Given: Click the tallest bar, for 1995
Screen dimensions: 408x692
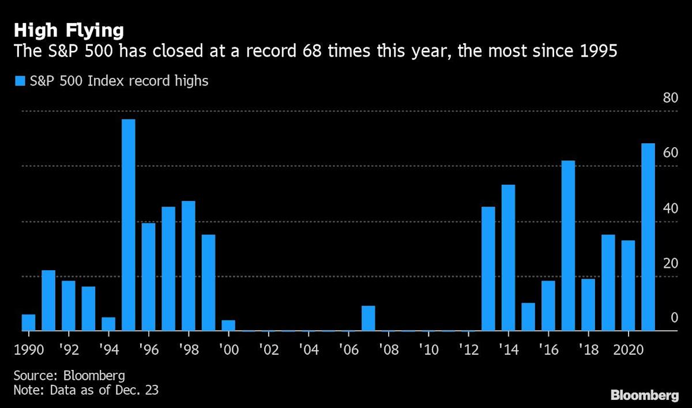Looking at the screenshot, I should coord(128,225).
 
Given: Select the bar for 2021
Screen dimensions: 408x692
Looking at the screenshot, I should coord(648,237).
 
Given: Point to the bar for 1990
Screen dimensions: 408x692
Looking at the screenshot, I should coord(28,323).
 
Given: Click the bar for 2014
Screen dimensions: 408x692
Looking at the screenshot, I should coord(508,258).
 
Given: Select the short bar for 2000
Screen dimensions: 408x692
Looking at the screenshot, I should coord(228,325).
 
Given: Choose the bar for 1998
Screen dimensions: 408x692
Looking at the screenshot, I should coord(188,266).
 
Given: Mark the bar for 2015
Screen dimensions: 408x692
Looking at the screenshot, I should coord(528,317).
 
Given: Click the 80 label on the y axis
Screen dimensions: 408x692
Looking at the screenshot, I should coord(670,98).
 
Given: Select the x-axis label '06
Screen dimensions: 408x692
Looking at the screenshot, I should coord(348,350).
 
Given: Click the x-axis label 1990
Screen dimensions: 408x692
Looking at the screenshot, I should coord(29,350).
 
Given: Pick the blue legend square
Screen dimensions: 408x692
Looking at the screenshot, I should coord(19,81).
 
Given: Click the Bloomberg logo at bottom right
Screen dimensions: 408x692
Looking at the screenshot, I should coord(644,395).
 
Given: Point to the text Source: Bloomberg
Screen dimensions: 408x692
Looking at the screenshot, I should coord(69,376).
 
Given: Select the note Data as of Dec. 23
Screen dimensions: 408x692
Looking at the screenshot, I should coord(86,390).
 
